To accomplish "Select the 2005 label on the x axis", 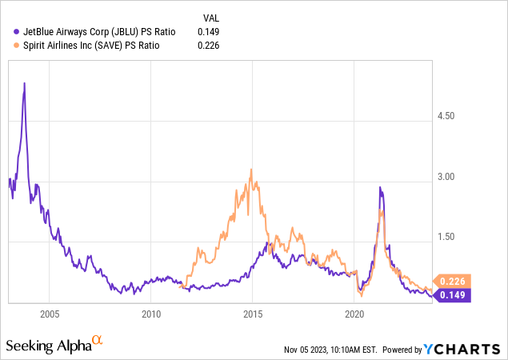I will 50,314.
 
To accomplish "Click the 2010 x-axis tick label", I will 152,314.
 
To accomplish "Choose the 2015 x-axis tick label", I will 254,314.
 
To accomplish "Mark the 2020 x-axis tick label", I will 355,314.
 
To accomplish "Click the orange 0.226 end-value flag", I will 453,281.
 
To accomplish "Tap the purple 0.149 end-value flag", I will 453,294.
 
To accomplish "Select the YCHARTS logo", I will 463,349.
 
